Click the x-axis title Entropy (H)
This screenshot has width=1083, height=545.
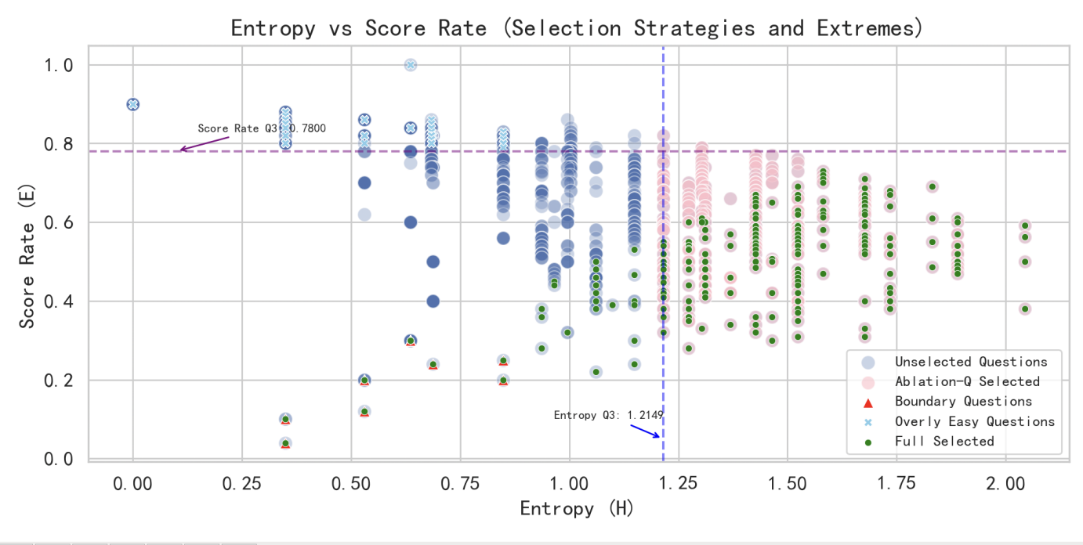576,509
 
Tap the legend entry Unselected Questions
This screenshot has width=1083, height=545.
971,362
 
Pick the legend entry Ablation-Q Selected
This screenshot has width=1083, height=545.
967,382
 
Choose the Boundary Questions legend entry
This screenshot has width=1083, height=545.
963,402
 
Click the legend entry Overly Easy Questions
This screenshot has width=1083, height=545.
975,421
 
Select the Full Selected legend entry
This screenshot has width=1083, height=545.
944,442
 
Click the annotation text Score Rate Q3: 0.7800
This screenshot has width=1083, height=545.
261,128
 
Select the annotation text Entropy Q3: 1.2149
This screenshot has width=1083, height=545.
609,415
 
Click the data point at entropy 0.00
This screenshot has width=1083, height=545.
133,104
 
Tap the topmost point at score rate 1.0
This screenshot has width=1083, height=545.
410,64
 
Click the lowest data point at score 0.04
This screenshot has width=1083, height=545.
285,443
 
